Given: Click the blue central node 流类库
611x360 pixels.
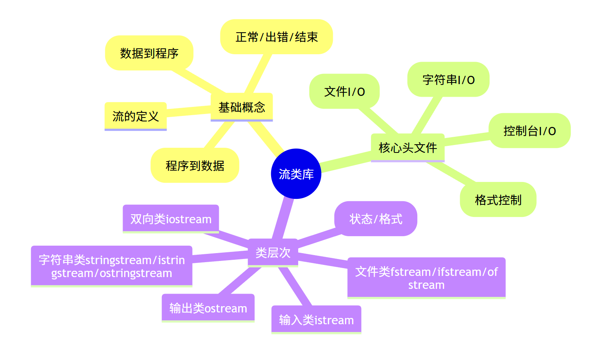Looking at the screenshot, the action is click(296, 174).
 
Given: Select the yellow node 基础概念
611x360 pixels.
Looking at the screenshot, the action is click(242, 107).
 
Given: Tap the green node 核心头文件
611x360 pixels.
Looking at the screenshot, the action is click(407, 147).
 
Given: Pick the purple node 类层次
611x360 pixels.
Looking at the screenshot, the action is click(273, 252).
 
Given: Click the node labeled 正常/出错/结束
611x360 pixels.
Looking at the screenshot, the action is click(276, 37).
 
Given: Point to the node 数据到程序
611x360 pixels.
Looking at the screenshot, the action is click(149, 53).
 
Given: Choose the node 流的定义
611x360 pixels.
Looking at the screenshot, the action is click(136, 116).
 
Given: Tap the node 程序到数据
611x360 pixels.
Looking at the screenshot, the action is click(195, 165).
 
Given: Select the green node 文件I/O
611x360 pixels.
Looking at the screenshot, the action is click(344, 91).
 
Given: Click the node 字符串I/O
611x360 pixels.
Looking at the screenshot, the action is click(448, 79).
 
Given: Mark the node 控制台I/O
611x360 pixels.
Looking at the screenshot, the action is click(529, 130).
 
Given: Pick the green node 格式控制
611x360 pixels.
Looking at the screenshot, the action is click(498, 200).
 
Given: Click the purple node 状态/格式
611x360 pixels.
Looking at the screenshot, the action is click(376, 219).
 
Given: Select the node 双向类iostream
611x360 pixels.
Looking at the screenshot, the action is click(171, 219).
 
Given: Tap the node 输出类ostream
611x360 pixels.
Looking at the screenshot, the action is click(208, 308).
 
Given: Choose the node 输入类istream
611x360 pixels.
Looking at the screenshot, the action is click(316, 320).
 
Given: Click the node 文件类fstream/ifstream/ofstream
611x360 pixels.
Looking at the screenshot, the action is click(426, 278).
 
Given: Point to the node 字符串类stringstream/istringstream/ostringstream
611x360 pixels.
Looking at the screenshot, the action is click(112, 266).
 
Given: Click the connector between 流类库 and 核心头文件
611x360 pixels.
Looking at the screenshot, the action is click(346, 161).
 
